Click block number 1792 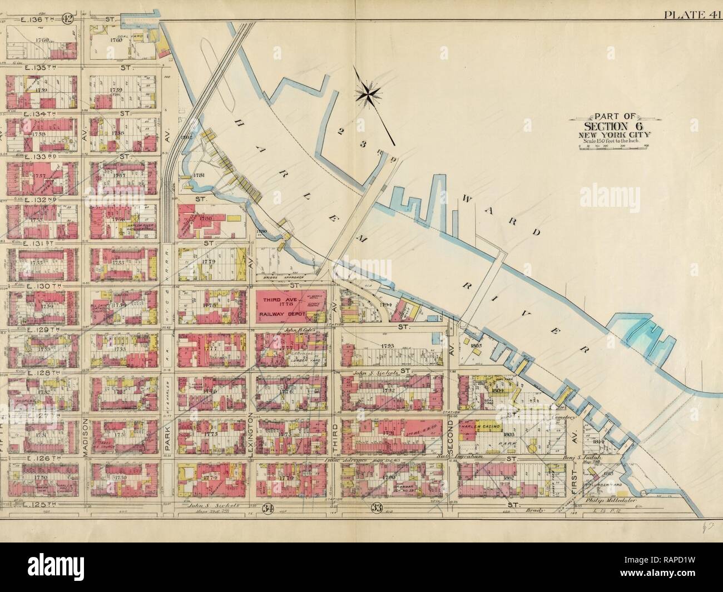click(x=389, y=391)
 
